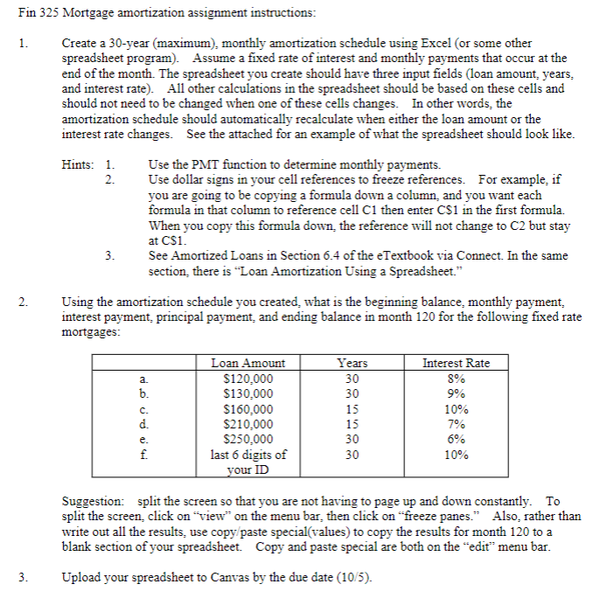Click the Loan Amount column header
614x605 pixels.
pos(248,363)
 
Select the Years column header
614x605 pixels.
pos(352,363)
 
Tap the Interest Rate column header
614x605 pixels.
pos(456,363)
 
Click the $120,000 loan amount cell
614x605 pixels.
pos(248,379)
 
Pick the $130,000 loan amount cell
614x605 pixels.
pos(248,393)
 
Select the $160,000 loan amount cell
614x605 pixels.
pos(248,409)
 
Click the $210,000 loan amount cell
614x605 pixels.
pos(248,424)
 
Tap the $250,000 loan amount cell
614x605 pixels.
pos(248,440)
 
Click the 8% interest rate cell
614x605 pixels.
pos(456,379)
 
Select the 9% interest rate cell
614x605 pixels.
pos(456,393)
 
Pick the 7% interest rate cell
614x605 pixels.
pos(456,424)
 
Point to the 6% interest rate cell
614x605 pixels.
pos(456,440)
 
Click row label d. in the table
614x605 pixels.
pos(143,424)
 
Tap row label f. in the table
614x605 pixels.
pos(143,455)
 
